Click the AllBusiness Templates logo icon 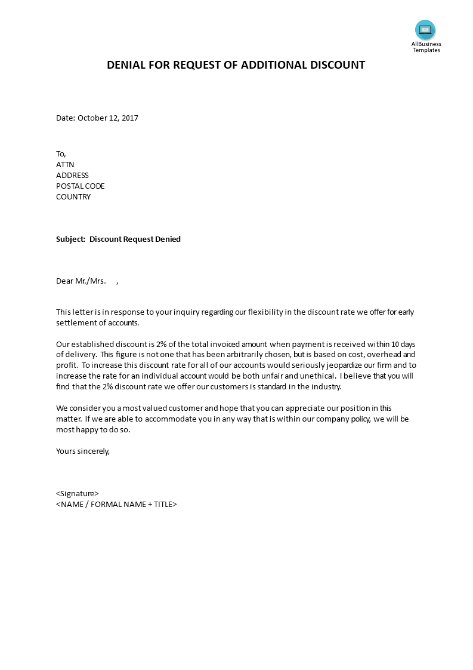pyautogui.click(x=425, y=30)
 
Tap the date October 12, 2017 pyautogui.click(x=108, y=118)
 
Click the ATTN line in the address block pyautogui.click(x=65, y=165)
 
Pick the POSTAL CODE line pyautogui.click(x=81, y=186)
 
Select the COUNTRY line pyautogui.click(x=73, y=197)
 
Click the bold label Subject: pyautogui.click(x=71, y=239)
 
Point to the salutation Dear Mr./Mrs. pyautogui.click(x=81, y=281)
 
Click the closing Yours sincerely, pyautogui.click(x=83, y=451)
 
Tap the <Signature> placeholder pyautogui.click(x=78, y=494)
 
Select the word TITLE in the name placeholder pyautogui.click(x=162, y=505)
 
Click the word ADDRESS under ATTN pyautogui.click(x=72, y=176)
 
